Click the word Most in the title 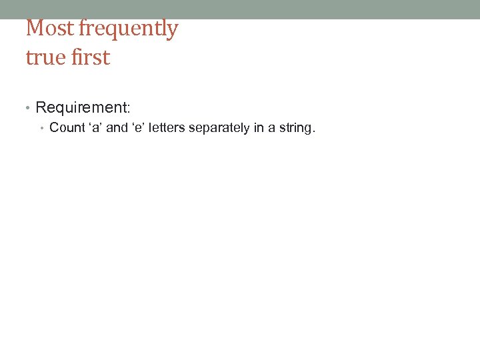click(49, 29)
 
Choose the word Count click(67, 127)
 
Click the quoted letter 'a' click(95, 127)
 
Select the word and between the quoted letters click(117, 127)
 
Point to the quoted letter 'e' click(138, 127)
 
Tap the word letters click(167, 127)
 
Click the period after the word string click(312, 131)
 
